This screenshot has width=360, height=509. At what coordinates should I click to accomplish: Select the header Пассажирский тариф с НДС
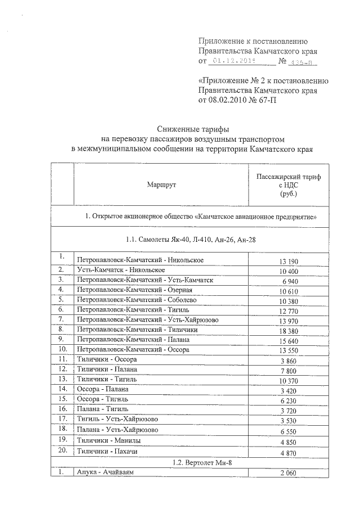click(288, 184)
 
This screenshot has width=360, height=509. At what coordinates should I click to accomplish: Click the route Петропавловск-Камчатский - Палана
click(133, 340)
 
